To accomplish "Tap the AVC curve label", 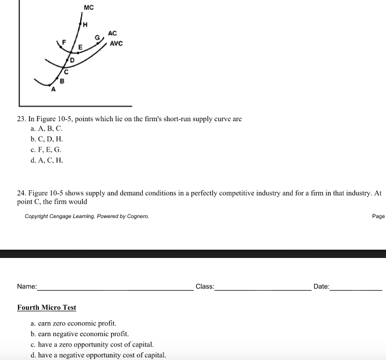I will click(x=116, y=44).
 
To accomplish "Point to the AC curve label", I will click(x=112, y=34).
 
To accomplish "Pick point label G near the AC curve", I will click(x=97, y=37).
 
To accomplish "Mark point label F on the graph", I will click(x=65, y=41).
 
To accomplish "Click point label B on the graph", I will click(x=62, y=81).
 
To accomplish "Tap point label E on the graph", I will click(x=80, y=47).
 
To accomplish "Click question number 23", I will click(x=22, y=119).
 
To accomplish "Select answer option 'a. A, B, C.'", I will click(x=47, y=128).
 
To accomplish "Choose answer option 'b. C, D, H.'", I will click(x=47, y=139).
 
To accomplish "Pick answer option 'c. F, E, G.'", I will click(x=46, y=150).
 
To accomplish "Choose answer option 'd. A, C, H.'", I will click(x=47, y=160).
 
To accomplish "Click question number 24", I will click(x=22, y=193).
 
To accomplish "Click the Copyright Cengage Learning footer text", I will click(x=87, y=216).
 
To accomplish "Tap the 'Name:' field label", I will click(x=27, y=286).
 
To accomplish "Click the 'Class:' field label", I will click(x=205, y=286).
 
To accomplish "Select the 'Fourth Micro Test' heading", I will click(x=47, y=307).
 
